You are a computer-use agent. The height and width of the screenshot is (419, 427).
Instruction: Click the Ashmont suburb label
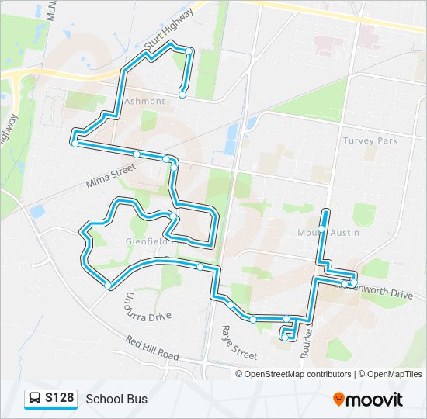click(144, 102)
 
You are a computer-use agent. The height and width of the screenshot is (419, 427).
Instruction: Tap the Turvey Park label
click(370, 140)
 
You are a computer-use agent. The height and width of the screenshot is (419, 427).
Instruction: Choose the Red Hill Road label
click(153, 348)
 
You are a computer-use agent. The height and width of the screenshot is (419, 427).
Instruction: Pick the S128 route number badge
click(59, 399)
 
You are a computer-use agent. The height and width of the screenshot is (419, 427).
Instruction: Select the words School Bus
click(116, 400)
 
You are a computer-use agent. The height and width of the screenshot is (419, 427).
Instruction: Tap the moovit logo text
click(374, 400)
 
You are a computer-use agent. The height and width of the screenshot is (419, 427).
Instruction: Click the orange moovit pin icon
click(338, 400)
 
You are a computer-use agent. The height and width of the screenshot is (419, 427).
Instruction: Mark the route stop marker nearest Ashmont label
click(182, 95)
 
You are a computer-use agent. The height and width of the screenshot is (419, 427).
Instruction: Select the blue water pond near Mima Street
click(36, 211)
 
